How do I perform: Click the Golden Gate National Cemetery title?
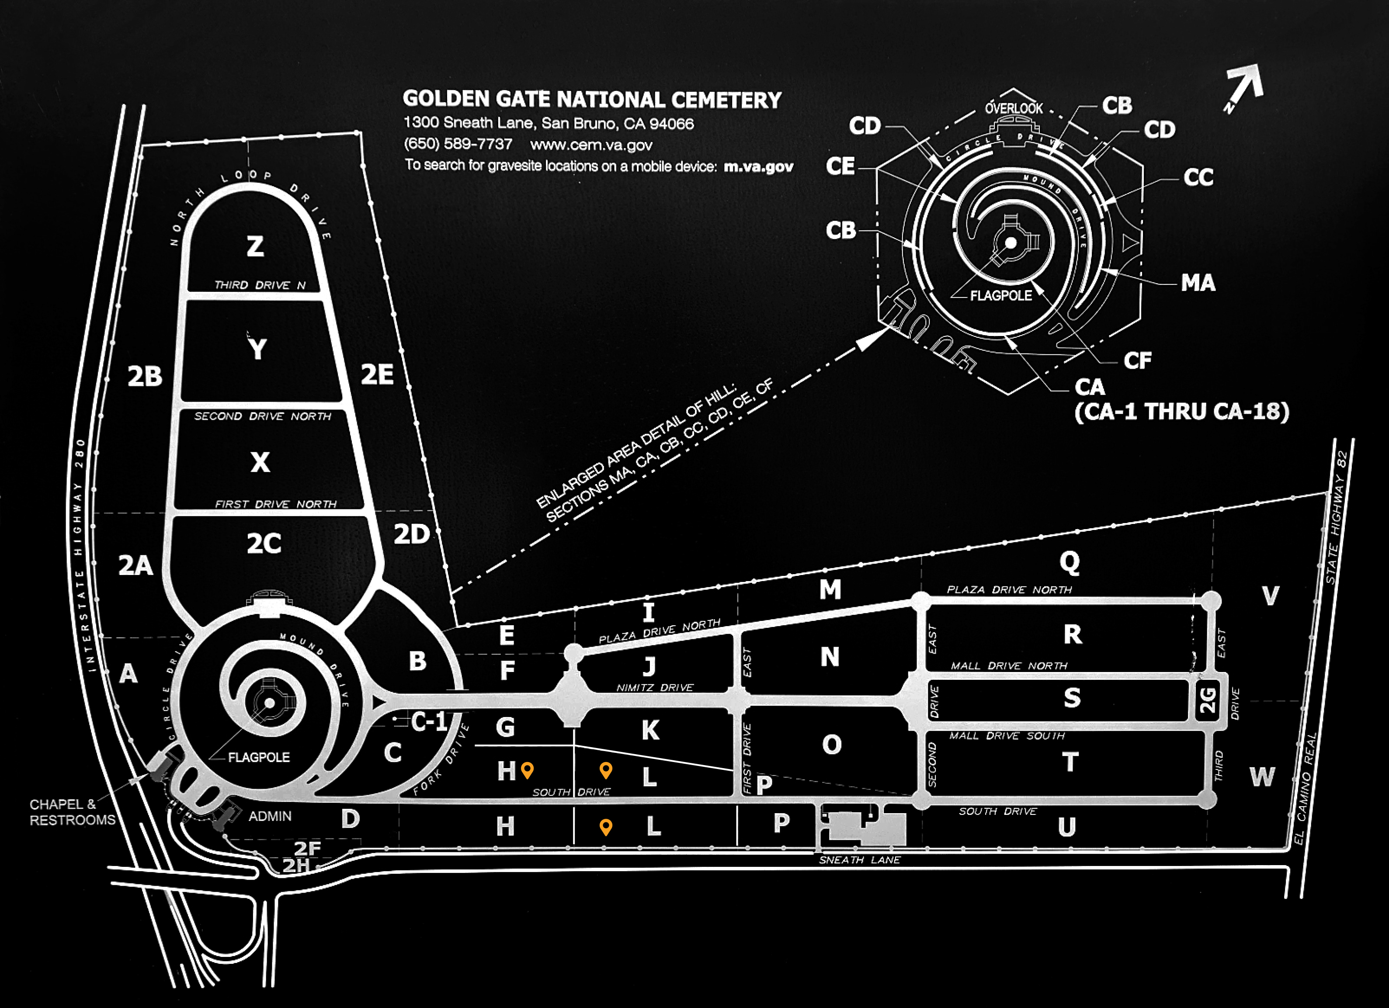coord(592,100)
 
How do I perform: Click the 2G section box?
coord(1207,700)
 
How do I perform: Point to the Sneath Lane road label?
coord(859,860)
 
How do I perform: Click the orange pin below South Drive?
coord(606,827)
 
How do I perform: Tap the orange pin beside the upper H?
coord(527,770)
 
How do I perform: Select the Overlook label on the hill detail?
coord(1014,108)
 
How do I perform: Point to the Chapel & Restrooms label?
coord(72,812)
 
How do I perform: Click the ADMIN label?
coord(270,816)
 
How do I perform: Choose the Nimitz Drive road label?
coord(655,688)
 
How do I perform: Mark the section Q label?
coord(1070,561)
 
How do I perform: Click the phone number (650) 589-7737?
coord(458,144)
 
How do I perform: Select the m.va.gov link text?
coord(758,166)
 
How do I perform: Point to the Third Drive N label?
coord(260,285)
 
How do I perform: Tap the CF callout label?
coord(1137,361)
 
